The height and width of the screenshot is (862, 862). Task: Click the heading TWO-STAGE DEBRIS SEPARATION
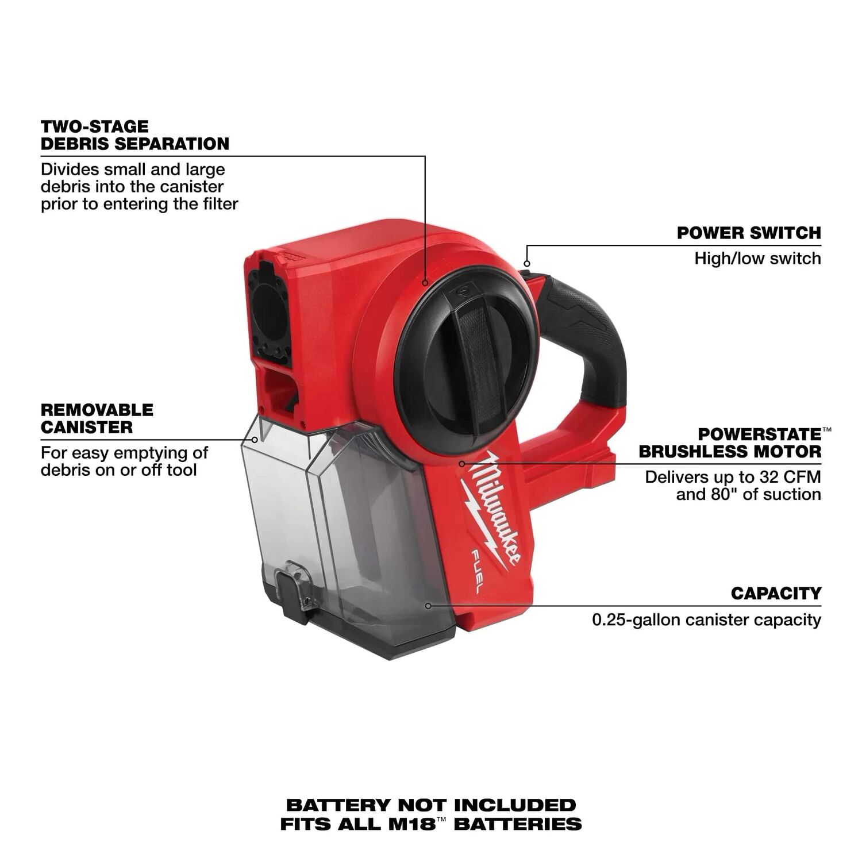point(134,135)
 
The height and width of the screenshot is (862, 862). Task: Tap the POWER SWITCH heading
point(748,233)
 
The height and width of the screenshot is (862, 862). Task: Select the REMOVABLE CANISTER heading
point(97,418)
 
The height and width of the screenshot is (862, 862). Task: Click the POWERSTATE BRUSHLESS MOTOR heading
point(730,443)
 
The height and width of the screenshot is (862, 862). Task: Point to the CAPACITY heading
point(776,593)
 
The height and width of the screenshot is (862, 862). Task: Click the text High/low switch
point(757,259)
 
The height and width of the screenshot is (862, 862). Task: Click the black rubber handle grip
point(592,333)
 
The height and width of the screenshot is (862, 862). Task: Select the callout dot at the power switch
point(526,264)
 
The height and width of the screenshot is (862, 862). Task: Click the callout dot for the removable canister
point(255,440)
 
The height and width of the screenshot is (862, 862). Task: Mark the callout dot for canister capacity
point(428,606)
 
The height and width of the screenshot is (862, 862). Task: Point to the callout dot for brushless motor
point(461,463)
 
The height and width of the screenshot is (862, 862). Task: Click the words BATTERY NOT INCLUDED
point(430,805)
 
